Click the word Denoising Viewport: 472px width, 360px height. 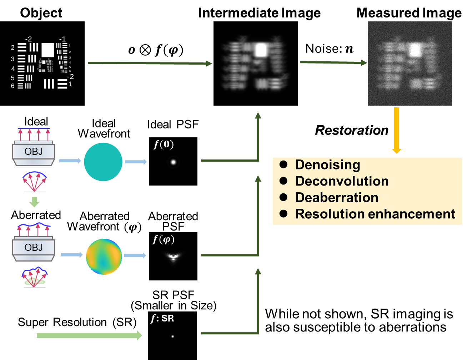(x=327, y=165)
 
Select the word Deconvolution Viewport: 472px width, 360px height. (x=342, y=181)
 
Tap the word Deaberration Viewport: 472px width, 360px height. (x=336, y=198)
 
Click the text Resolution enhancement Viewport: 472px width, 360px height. (x=375, y=214)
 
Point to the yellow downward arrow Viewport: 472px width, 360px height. (x=396, y=130)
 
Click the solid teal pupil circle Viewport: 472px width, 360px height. (x=103, y=162)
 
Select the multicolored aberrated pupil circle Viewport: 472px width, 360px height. (x=104, y=256)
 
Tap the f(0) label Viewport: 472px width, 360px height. (x=164, y=144)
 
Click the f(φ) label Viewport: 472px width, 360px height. (x=164, y=239)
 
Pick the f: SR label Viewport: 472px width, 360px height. (x=162, y=318)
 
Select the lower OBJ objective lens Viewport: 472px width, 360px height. (x=34, y=248)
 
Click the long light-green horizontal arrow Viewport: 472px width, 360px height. (x=89, y=335)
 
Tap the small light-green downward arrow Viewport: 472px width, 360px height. (x=34, y=202)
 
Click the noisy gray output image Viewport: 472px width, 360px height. (x=410, y=64)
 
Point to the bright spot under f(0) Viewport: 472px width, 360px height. (x=174, y=162)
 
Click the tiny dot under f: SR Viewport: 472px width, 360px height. (x=173, y=336)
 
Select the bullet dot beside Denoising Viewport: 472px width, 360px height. (x=283, y=164)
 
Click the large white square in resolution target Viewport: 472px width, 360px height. (x=47, y=50)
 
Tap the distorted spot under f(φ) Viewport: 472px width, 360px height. (x=174, y=256)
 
